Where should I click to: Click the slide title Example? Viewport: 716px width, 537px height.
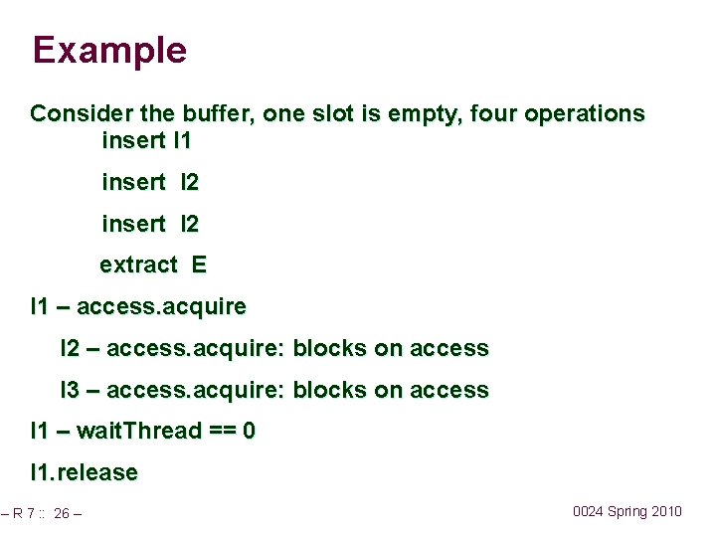coord(109,50)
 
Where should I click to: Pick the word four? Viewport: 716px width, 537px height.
coord(493,113)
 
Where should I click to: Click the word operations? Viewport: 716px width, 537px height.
coord(585,113)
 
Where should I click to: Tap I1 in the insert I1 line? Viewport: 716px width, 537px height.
coord(182,140)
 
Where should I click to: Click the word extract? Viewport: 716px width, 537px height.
coord(138,265)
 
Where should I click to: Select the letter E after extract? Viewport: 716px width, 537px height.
coord(200,265)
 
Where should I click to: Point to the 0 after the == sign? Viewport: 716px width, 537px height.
coord(250,431)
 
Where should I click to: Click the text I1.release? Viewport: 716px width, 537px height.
coord(84,472)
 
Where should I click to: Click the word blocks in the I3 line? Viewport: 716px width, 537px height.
coord(329,390)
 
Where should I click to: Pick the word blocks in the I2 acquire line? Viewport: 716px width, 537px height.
coord(329,348)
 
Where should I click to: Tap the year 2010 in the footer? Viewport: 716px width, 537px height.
coord(665,511)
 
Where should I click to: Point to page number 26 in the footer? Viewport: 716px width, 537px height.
coord(62,514)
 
